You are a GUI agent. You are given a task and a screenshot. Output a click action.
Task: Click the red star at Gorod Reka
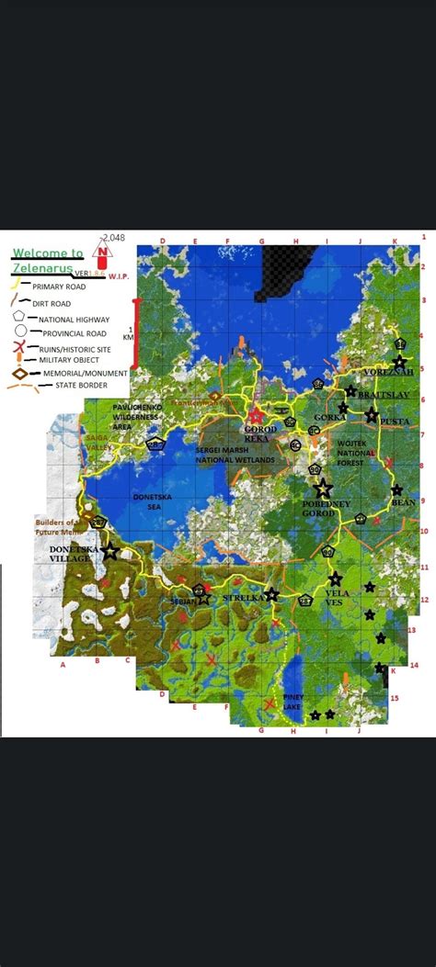click(x=256, y=417)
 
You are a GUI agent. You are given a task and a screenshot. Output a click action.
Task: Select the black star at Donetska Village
click(x=110, y=552)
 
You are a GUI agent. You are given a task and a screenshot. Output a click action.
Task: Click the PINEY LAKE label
click(x=293, y=703)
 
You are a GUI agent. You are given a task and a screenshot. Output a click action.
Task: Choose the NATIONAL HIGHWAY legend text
click(x=69, y=319)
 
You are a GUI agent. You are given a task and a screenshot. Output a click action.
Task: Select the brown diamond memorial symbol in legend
click(x=17, y=374)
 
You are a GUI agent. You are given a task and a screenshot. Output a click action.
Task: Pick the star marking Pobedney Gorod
click(x=322, y=489)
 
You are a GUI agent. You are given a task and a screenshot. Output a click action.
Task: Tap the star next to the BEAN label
click(x=396, y=490)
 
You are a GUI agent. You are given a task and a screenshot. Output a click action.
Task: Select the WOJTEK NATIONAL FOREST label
click(x=353, y=452)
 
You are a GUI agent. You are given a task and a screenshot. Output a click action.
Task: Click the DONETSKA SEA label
click(x=152, y=502)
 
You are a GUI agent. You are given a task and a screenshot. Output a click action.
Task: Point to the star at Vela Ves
click(x=335, y=579)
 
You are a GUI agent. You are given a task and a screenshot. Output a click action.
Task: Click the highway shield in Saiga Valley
click(x=155, y=444)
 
